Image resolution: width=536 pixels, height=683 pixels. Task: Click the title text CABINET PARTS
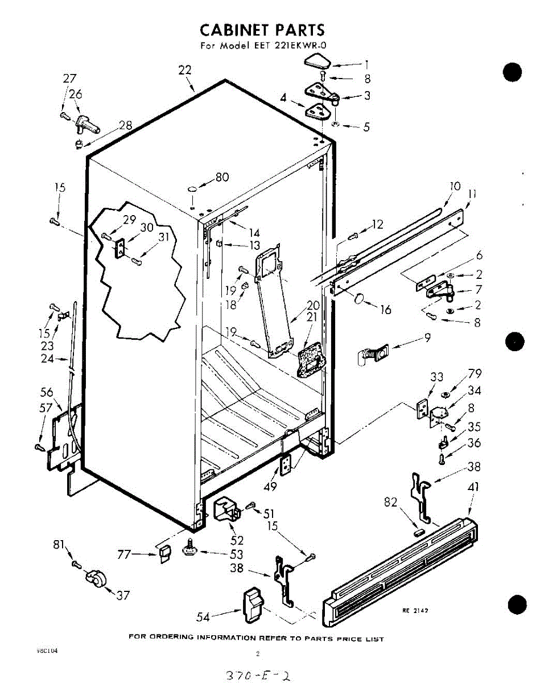click(262, 30)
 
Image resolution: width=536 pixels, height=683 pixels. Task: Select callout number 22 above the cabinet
click(184, 70)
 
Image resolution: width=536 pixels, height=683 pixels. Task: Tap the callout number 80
click(222, 178)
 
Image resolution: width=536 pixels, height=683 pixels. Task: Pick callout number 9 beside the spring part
click(427, 338)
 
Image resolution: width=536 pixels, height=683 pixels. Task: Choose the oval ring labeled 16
click(360, 298)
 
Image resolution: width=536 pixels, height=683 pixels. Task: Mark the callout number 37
click(123, 595)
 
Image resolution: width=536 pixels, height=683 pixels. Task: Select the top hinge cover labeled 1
click(321, 61)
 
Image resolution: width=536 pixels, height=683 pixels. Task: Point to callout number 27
click(69, 79)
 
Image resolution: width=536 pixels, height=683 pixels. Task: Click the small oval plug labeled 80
click(193, 188)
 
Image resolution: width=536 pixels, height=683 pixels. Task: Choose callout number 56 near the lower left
click(47, 392)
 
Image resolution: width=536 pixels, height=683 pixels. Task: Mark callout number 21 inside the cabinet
click(312, 317)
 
